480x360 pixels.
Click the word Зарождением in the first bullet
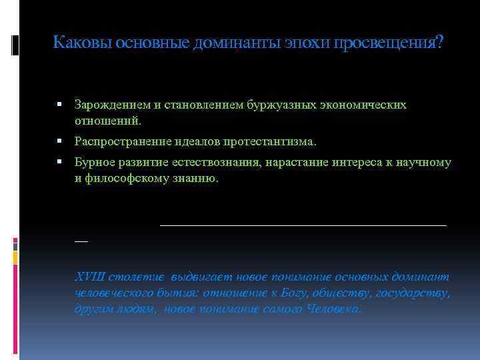(x=107, y=105)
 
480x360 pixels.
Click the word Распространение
(x=115, y=141)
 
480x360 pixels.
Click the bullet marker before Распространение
(x=61, y=141)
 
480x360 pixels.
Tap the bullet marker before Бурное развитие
(x=61, y=163)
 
